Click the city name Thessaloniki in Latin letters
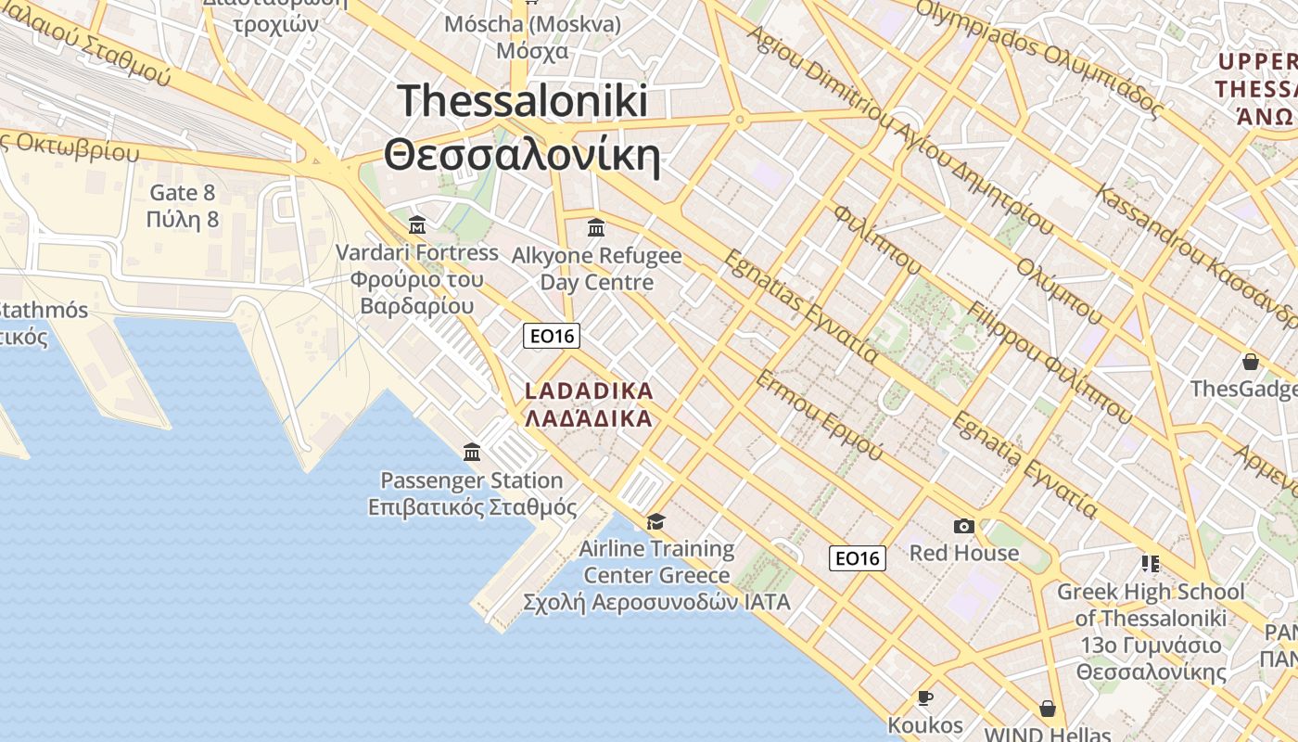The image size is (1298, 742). point(522,100)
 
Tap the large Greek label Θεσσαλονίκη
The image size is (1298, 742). point(522,156)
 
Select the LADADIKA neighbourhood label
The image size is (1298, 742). point(590,390)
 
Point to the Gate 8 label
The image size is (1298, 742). point(183,193)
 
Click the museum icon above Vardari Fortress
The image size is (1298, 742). point(417,225)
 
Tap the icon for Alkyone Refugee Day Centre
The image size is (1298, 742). point(596,227)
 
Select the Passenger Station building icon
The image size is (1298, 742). point(472,453)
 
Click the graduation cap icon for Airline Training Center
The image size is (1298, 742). point(655,521)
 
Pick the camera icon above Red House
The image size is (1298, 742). point(963,527)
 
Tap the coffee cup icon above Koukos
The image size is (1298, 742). point(924,697)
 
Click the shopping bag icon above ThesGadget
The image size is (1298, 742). point(1251,362)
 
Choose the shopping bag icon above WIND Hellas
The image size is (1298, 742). point(1048,709)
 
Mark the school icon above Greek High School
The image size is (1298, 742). point(1151,563)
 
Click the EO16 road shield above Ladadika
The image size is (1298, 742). point(552,336)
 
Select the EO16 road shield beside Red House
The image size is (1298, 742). point(857,557)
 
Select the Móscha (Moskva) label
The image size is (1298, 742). point(532,24)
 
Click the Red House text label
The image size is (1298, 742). point(963,554)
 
